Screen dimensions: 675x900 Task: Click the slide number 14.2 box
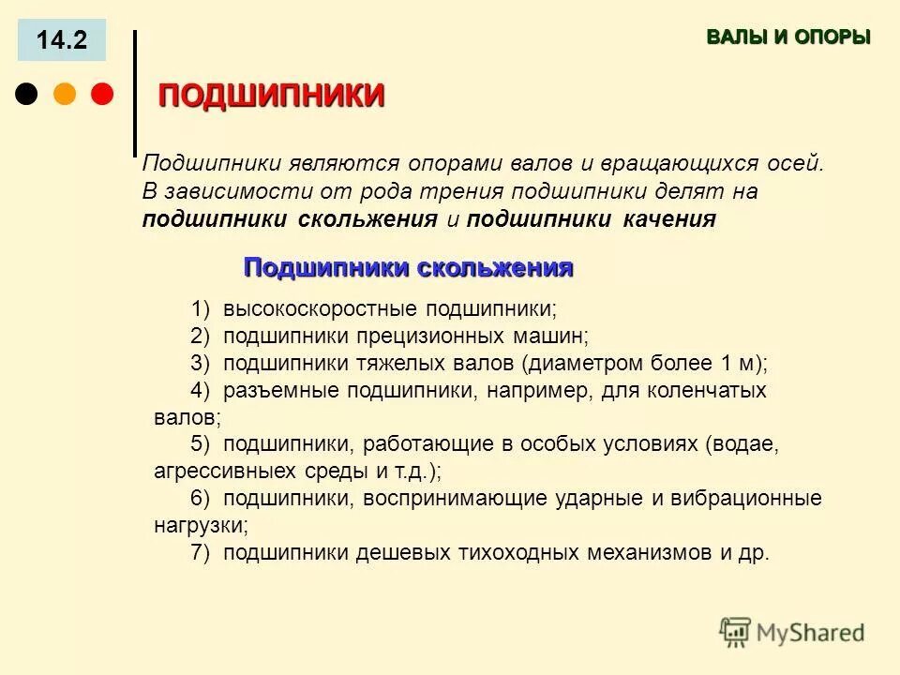point(62,40)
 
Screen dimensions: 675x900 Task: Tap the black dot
point(27,95)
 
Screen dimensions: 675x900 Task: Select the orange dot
point(65,95)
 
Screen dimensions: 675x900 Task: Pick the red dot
point(101,95)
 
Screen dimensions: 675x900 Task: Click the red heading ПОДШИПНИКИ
point(271,96)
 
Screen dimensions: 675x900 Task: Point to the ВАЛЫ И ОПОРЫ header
point(787,37)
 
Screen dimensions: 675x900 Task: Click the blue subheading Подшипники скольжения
point(408,268)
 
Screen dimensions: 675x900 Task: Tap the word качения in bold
point(669,219)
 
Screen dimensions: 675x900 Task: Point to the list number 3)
point(201,363)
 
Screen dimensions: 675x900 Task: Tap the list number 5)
point(201,444)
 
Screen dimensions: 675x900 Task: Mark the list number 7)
point(201,553)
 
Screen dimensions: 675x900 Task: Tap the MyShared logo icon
point(735,632)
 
